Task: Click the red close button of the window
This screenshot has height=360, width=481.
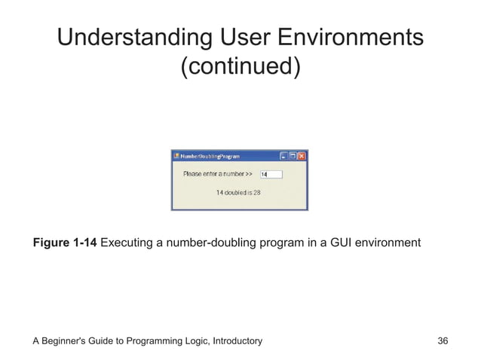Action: coord(302,157)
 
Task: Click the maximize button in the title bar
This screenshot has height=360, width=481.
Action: coord(293,157)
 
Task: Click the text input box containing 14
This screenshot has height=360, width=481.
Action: coord(271,174)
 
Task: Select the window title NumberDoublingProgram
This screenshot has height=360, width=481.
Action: coord(210,157)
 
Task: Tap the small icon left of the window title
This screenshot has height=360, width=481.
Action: coord(176,157)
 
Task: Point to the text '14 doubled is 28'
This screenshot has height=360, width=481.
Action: coord(238,193)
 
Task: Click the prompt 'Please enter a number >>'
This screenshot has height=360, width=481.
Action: coord(218,174)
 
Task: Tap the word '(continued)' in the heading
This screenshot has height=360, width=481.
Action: coord(240,67)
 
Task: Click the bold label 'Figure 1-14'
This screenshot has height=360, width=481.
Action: coord(64,243)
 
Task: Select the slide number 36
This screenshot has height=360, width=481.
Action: coord(443,341)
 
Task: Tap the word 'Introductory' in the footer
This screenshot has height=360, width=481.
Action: coord(234,341)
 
